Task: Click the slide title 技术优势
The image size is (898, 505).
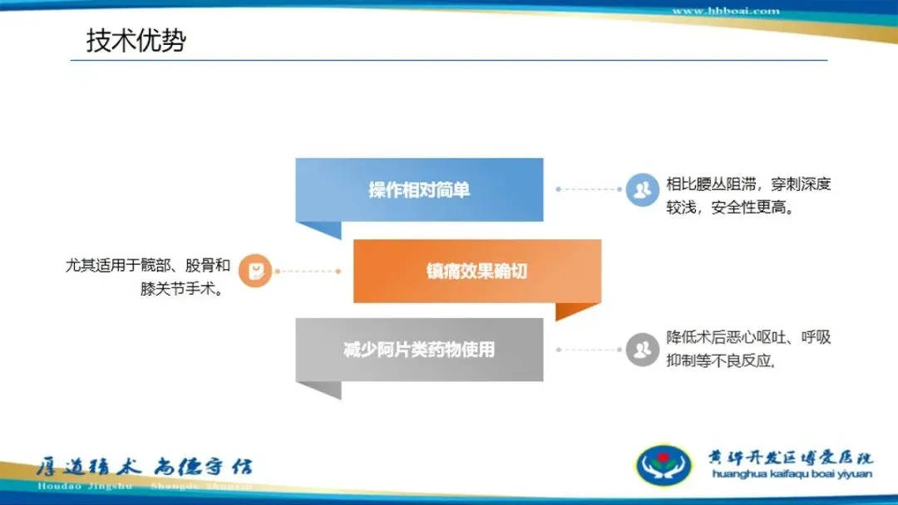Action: click(136, 41)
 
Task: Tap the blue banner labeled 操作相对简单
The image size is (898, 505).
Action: click(419, 190)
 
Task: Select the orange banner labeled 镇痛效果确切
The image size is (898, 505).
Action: click(476, 271)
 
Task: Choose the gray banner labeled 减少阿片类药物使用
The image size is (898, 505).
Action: click(419, 350)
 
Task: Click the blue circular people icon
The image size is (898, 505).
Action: click(642, 189)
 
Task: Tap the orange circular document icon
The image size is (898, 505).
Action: click(255, 271)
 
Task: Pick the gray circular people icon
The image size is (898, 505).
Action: click(642, 349)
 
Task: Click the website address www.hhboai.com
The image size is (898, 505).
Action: click(725, 11)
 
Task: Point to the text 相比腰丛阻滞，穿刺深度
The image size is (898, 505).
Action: click(748, 184)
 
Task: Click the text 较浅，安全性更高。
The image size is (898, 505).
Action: click(730, 208)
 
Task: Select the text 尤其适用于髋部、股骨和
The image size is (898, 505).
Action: click(148, 266)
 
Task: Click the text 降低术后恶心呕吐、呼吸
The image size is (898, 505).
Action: click(748, 337)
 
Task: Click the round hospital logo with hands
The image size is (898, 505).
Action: click(663, 464)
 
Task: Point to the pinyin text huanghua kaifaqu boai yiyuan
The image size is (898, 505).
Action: click(792, 474)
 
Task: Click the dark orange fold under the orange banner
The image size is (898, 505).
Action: click(577, 311)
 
